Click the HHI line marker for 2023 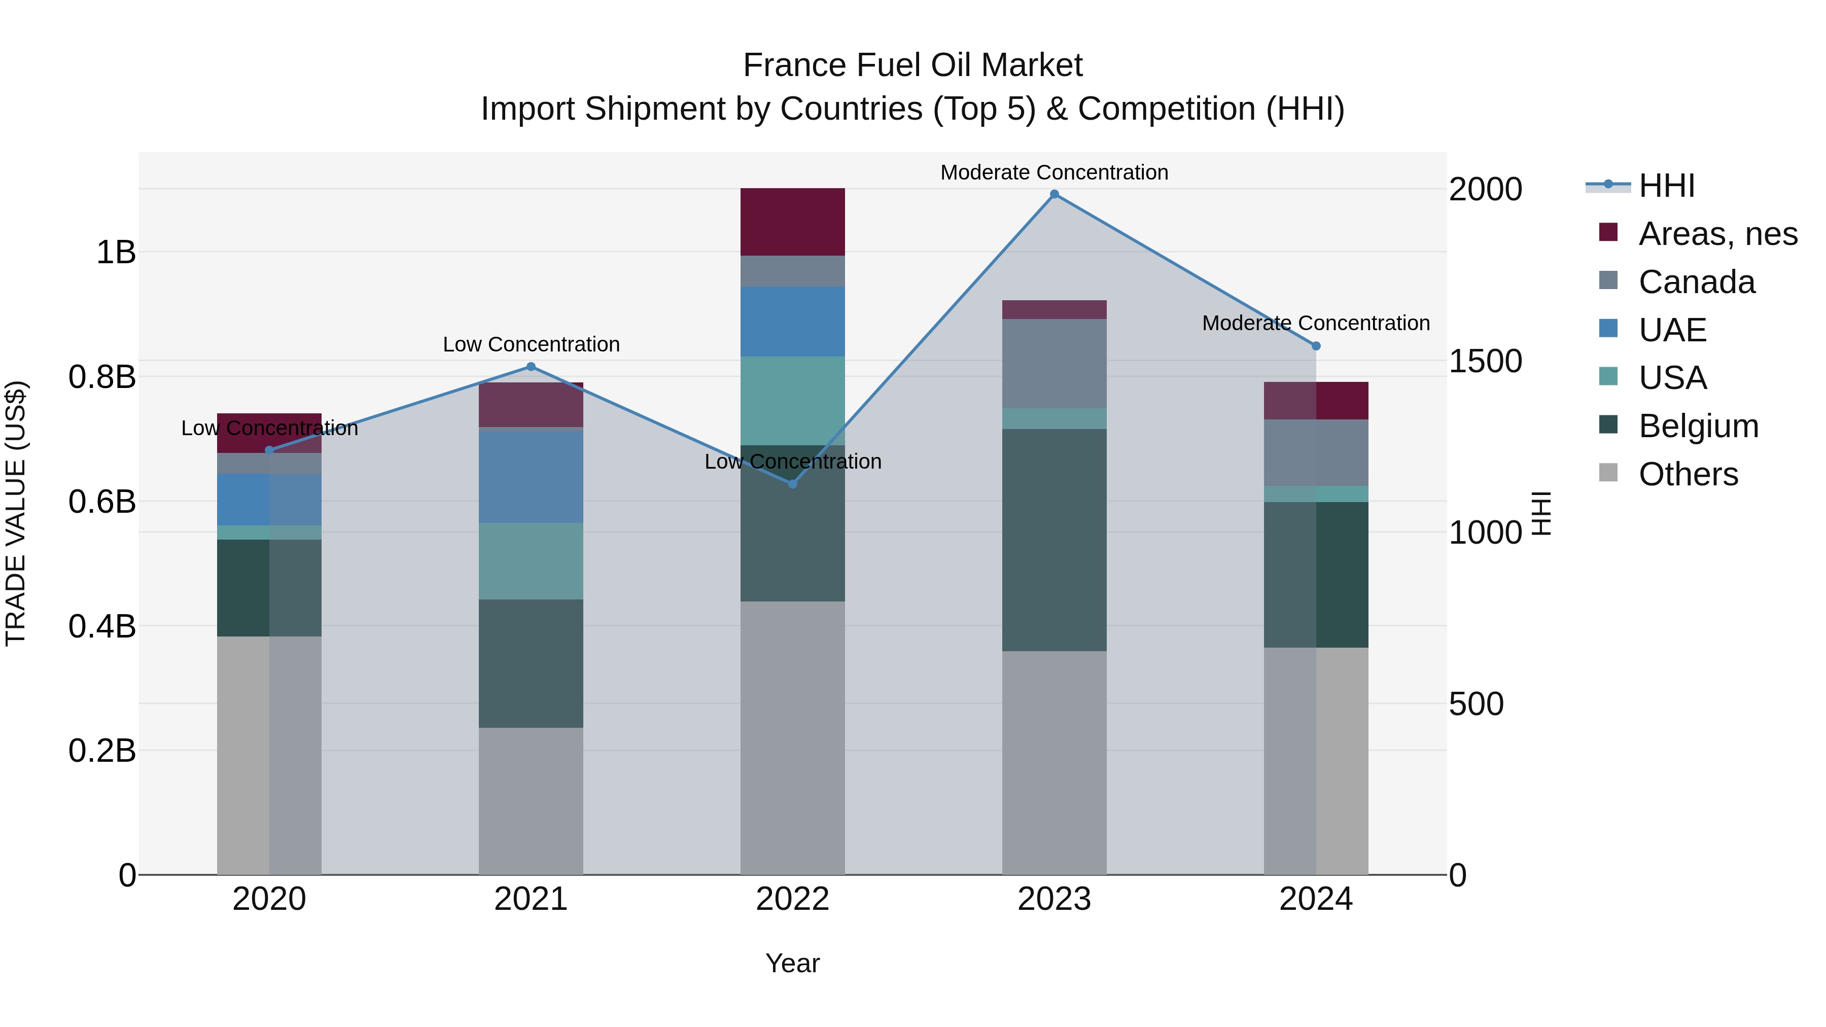(x=1054, y=194)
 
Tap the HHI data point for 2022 (x=792, y=484)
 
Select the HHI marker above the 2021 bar (x=531, y=367)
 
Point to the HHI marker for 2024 (x=1316, y=346)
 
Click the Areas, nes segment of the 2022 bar (x=792, y=222)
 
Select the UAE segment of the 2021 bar (x=531, y=476)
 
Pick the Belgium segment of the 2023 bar (x=1054, y=540)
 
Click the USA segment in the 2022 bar (x=792, y=401)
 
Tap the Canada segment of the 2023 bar (x=1054, y=364)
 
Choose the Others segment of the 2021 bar (x=531, y=801)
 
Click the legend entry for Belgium (x=1698, y=426)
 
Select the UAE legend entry (x=1672, y=330)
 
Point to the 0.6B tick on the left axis (x=102, y=502)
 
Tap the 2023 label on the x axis (x=1054, y=899)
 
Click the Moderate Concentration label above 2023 (x=1054, y=172)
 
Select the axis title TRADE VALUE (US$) (x=16, y=513)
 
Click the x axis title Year (x=792, y=963)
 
